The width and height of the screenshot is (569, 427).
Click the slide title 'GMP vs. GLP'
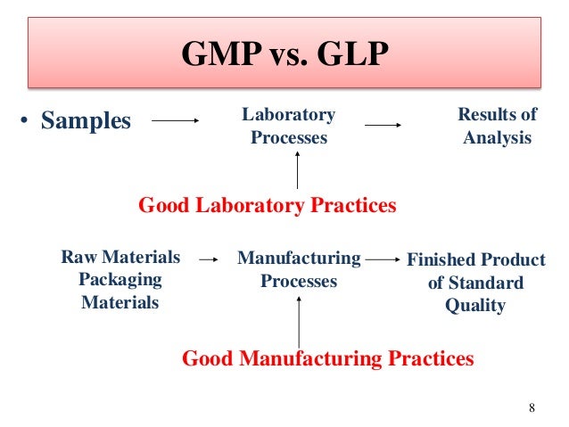(x=284, y=55)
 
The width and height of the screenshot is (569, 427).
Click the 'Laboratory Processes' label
(x=288, y=127)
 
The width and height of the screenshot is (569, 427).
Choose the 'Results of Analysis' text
(x=497, y=127)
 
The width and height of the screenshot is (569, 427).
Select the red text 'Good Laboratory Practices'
(x=268, y=206)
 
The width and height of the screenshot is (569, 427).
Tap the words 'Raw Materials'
(x=120, y=259)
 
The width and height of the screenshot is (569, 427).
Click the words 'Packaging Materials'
(x=120, y=292)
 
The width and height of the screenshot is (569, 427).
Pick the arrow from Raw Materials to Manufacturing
(x=208, y=260)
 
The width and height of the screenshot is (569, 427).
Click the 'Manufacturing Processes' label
(x=299, y=270)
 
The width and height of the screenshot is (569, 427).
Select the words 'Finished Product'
(x=475, y=260)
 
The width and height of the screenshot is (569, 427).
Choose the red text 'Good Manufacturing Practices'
(x=327, y=359)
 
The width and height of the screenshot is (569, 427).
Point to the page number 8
(x=532, y=408)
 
